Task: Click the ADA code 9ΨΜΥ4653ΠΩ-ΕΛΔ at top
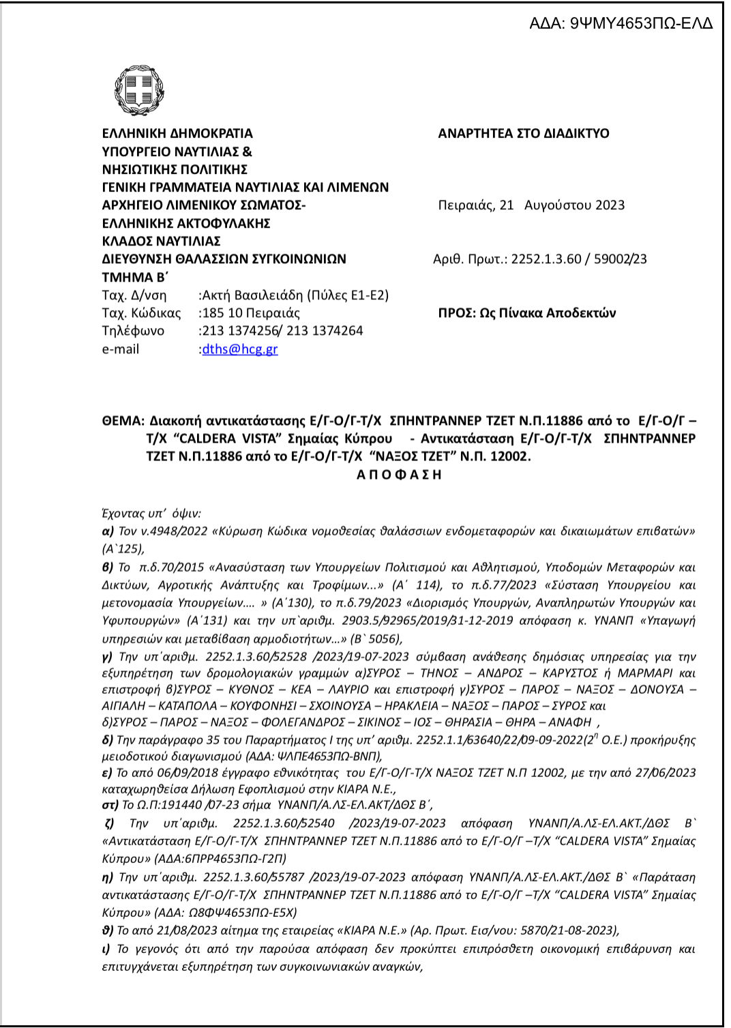point(621,23)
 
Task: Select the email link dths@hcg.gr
point(240,349)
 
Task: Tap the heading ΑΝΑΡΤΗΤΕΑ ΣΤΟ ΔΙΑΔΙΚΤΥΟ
point(523,134)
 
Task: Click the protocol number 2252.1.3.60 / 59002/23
point(578,259)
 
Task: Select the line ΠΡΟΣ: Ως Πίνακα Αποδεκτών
point(526,313)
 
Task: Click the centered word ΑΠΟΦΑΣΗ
point(399,475)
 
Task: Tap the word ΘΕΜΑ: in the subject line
point(123,421)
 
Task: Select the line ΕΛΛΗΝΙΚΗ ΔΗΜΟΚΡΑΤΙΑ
point(177,134)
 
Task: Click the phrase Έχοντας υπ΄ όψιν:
point(151,514)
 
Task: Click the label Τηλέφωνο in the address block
point(133,331)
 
